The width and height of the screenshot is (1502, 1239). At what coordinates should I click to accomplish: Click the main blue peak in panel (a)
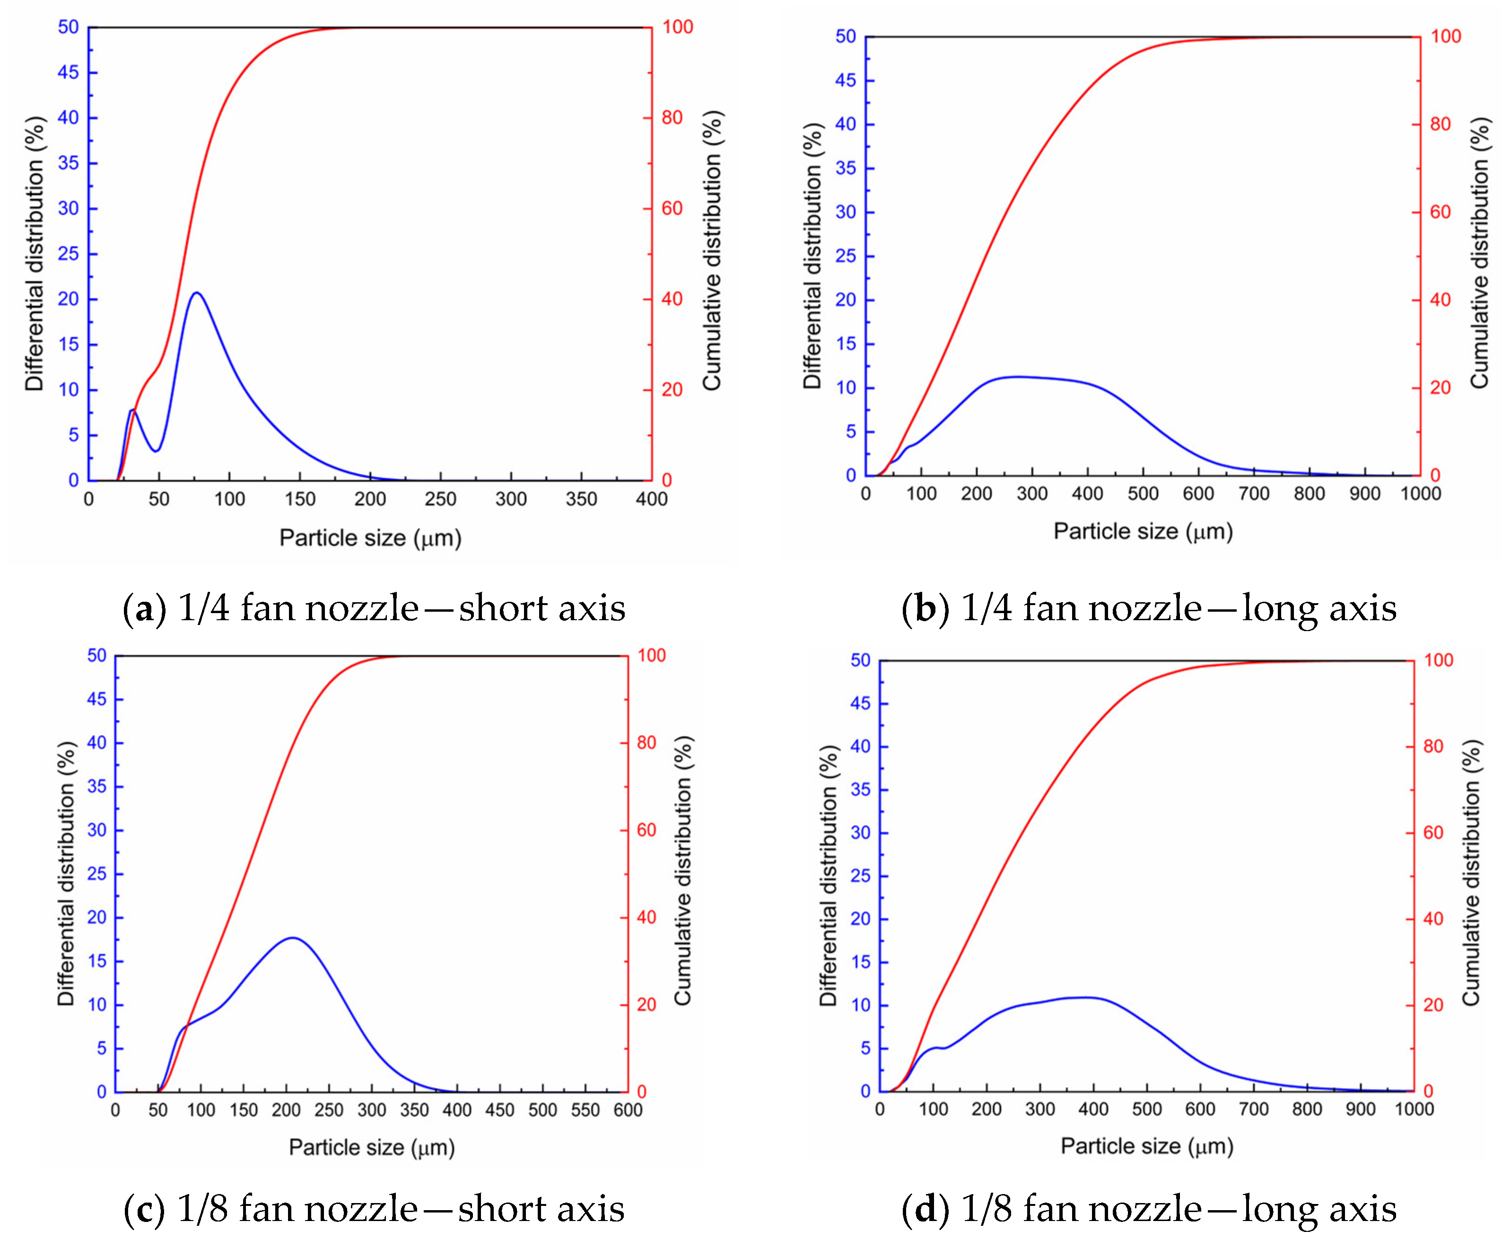point(197,293)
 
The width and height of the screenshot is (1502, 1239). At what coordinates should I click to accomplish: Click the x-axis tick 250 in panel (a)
point(440,499)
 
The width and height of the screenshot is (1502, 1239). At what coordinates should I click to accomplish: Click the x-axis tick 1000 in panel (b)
point(1420,493)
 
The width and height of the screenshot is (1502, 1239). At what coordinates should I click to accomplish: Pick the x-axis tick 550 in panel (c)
point(585,1110)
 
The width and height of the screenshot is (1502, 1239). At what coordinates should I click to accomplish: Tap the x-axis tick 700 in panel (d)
point(1253,1109)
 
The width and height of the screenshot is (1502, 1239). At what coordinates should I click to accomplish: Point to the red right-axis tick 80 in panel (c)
point(646,742)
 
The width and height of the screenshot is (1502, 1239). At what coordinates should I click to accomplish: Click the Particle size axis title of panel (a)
point(370,537)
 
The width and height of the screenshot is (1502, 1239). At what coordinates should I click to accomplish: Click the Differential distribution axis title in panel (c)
point(66,874)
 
